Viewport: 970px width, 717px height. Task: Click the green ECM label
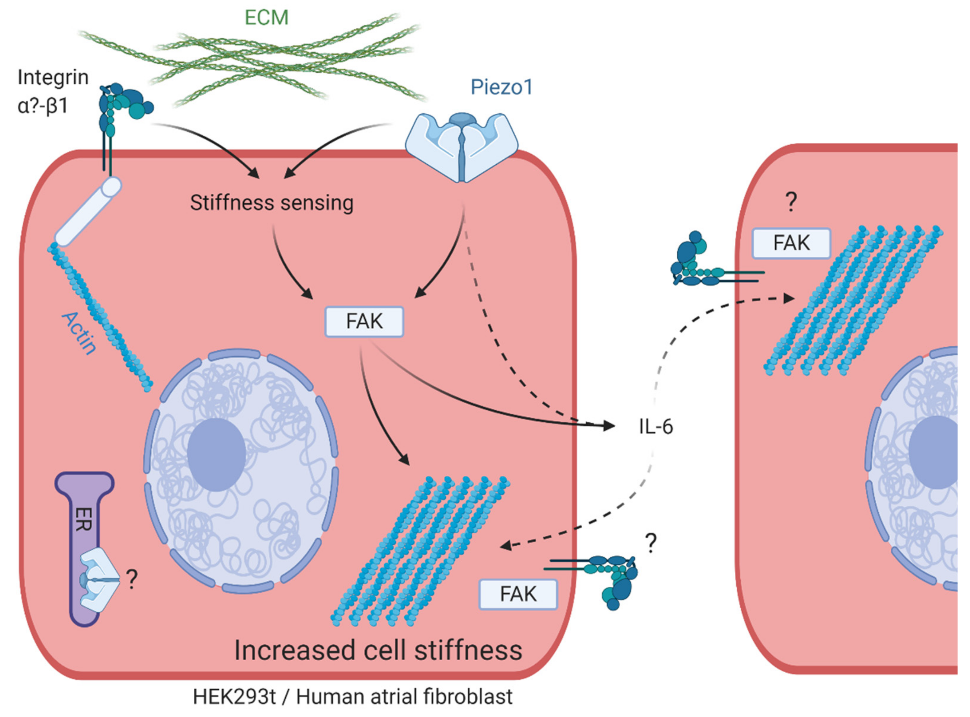tap(266, 18)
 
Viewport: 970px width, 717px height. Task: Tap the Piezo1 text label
tap(501, 87)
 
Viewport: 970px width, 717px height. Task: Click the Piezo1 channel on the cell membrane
tap(461, 145)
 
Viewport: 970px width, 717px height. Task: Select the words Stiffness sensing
tap(272, 203)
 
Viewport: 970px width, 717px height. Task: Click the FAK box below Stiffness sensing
tap(364, 322)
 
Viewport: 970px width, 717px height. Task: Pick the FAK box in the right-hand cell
tap(791, 243)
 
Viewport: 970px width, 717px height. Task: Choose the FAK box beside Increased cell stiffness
tap(518, 594)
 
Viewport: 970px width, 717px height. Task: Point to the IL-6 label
tap(655, 427)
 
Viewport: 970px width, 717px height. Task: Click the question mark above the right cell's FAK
tap(791, 202)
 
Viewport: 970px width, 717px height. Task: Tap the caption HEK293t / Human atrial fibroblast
tap(352, 697)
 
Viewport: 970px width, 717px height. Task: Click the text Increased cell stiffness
tap(378, 650)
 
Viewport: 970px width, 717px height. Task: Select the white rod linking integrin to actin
tap(88, 211)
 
